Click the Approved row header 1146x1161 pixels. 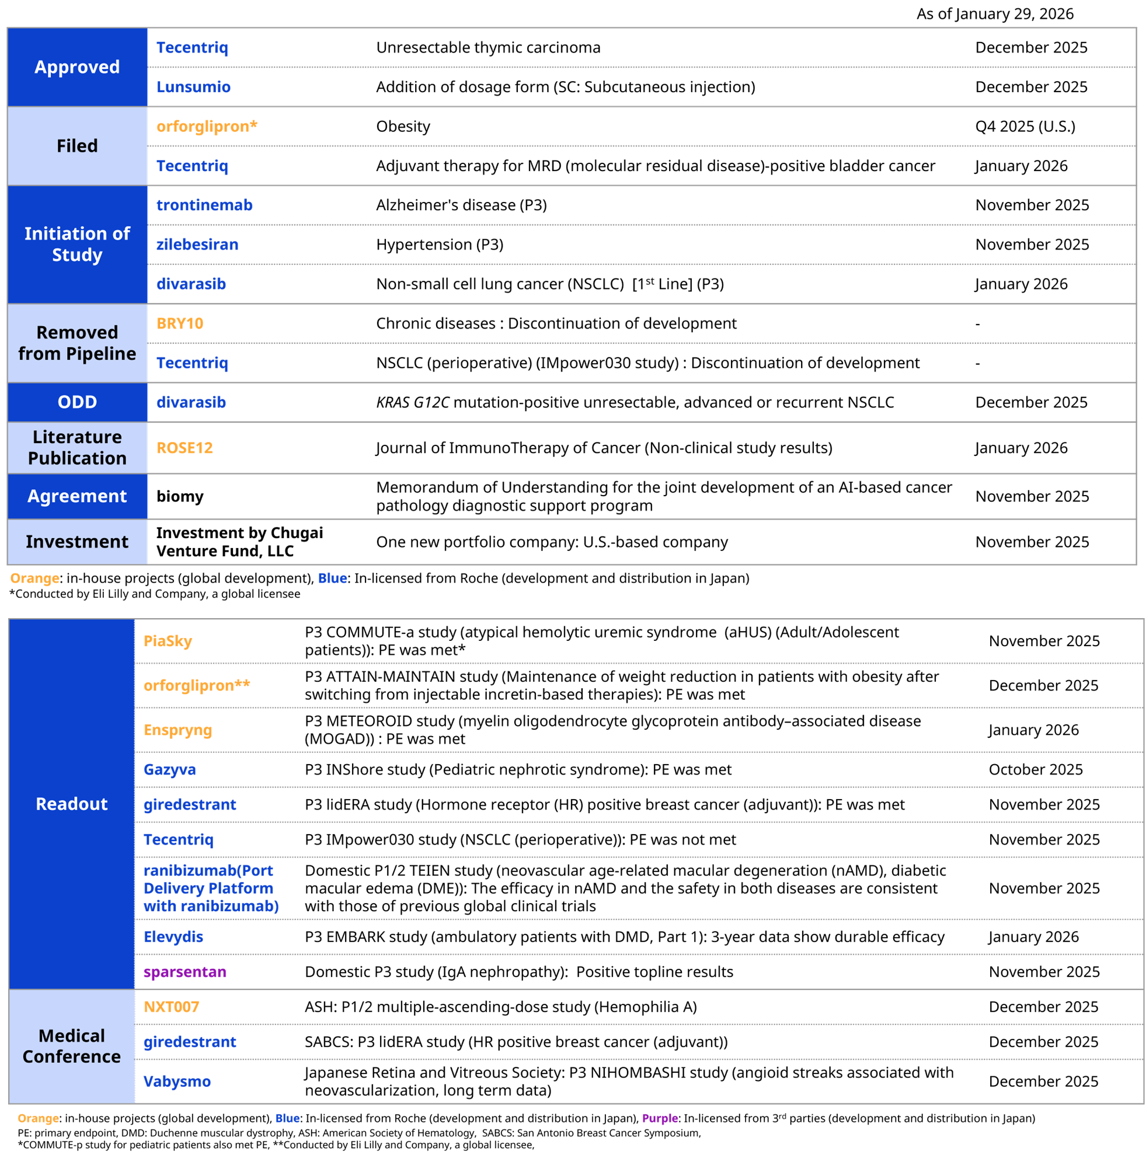(x=77, y=67)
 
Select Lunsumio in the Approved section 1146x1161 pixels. (x=193, y=87)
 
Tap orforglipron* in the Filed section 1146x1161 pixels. (x=207, y=127)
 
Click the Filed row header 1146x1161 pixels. (x=77, y=146)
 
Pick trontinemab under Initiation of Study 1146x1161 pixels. (x=204, y=205)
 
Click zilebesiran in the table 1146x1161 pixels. (x=197, y=245)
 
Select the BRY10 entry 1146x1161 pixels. (x=180, y=324)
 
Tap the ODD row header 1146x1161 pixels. (x=77, y=402)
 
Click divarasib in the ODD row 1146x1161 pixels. (x=191, y=403)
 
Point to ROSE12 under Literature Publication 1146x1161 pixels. (x=184, y=448)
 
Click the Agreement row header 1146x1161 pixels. (x=77, y=496)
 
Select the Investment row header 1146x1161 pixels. (x=77, y=542)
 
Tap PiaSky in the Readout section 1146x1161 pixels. (x=168, y=641)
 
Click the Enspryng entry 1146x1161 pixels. (x=178, y=730)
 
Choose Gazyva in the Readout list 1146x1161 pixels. (x=169, y=770)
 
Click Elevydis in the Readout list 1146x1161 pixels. (x=173, y=937)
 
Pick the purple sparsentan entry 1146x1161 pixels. (x=185, y=972)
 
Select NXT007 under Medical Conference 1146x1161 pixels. (x=171, y=1007)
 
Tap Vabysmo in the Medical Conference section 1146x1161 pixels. (x=177, y=1082)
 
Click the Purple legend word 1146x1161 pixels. (x=660, y=1118)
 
